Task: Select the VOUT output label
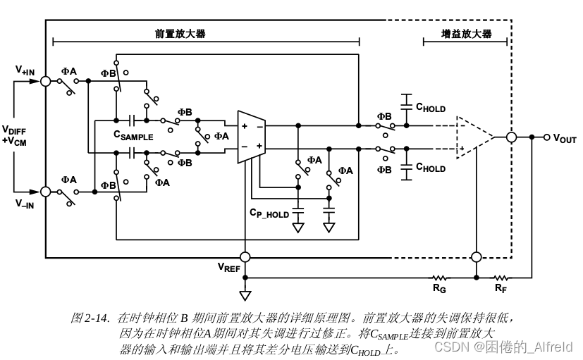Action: tap(564, 138)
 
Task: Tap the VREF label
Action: tap(228, 268)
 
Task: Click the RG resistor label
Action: tap(440, 289)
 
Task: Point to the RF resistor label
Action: tap(500, 289)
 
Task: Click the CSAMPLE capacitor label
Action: tap(133, 136)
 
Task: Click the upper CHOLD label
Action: tap(430, 108)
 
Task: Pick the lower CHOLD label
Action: tap(430, 168)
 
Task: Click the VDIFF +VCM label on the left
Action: tap(14, 135)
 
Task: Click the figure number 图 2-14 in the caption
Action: tap(90, 318)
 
